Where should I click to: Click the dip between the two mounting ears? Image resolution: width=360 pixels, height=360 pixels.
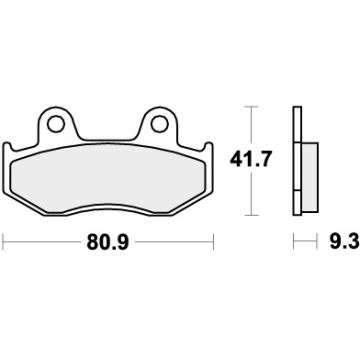tap(110, 134)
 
